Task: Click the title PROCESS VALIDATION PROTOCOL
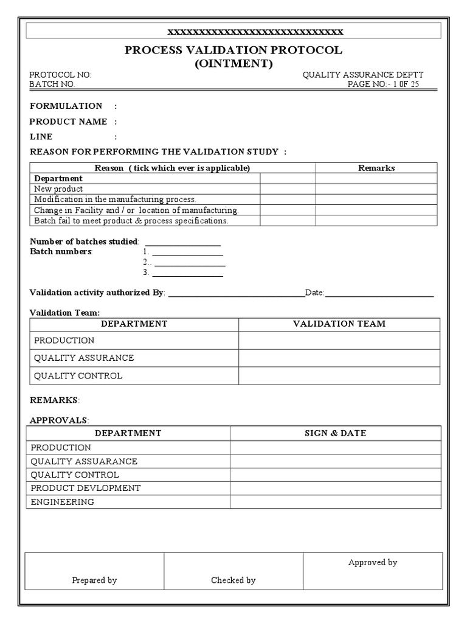tap(233, 50)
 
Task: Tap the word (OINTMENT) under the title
tap(233, 63)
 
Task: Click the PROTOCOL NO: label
tap(61, 75)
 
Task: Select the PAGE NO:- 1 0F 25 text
tap(383, 85)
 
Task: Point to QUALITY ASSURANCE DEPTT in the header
tap(363, 75)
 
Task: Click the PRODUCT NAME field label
tap(69, 122)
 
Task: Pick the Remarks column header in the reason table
tap(376, 168)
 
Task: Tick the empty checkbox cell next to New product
tap(288, 189)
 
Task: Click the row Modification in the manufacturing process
tap(115, 200)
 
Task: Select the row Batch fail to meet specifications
tap(131, 221)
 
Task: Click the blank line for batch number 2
tap(190, 262)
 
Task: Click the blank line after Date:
tap(379, 293)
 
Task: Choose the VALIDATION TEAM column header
tap(339, 324)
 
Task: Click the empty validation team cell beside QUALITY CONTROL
tap(339, 376)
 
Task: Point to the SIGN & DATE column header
tap(335, 433)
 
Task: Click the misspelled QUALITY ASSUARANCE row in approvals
tap(84, 461)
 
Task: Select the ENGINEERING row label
tap(63, 502)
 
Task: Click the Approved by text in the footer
tap(372, 562)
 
